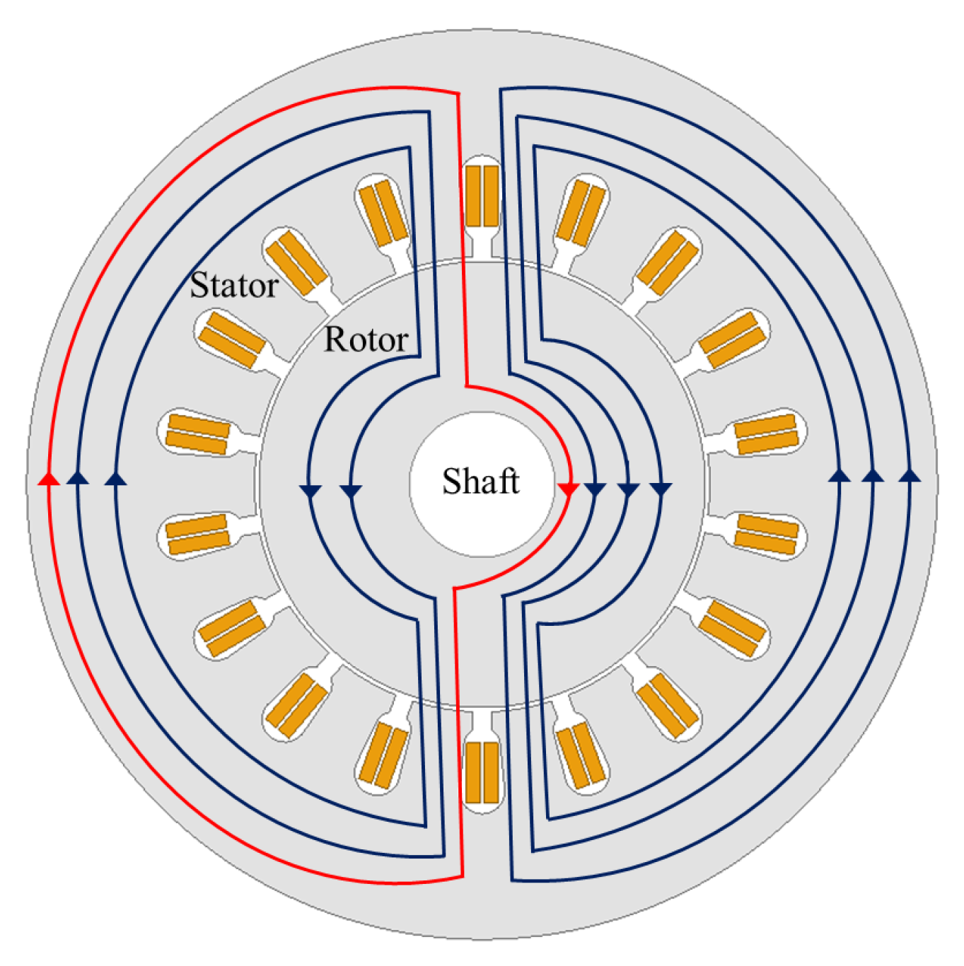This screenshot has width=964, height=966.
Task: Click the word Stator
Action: point(234,285)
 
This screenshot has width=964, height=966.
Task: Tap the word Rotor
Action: point(366,339)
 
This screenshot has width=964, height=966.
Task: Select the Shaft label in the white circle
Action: point(481,482)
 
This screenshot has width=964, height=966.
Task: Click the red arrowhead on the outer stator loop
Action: point(48,479)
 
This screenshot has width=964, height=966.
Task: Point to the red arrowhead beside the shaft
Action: point(569,489)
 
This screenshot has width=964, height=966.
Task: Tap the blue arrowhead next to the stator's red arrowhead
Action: point(78,479)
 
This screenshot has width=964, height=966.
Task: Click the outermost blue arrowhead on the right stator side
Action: point(910,476)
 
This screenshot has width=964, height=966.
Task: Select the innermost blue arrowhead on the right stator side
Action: point(840,476)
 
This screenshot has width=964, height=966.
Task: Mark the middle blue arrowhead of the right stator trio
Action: point(873,476)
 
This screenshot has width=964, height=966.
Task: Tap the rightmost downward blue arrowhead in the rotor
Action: point(661,489)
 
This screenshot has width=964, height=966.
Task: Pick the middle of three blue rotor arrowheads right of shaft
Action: point(628,489)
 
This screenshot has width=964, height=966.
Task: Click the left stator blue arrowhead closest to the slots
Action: point(115,479)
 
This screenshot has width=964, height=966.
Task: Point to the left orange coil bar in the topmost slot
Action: point(473,196)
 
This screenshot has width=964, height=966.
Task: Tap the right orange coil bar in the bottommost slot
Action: point(491,772)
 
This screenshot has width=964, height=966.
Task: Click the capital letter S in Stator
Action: point(199,285)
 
